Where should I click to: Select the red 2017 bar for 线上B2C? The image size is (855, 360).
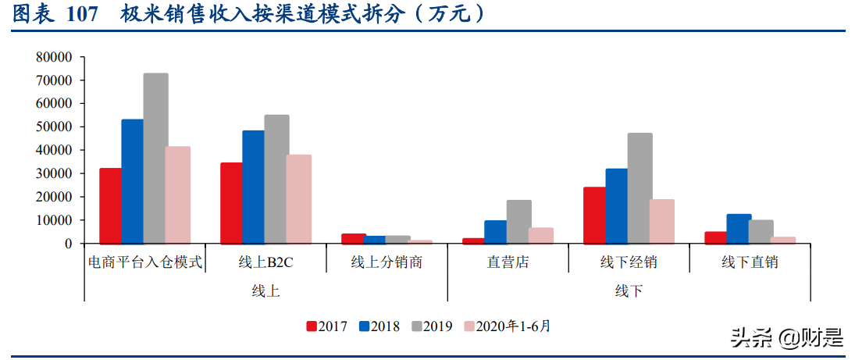tap(231, 203)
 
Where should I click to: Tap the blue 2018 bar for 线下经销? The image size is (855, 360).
tap(616, 206)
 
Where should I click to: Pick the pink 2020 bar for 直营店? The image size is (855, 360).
tap(540, 236)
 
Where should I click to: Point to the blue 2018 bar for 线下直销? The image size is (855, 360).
tap(739, 229)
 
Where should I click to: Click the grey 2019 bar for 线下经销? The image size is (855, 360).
tap(639, 188)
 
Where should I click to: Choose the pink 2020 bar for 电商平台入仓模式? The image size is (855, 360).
tap(178, 195)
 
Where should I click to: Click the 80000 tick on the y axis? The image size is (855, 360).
tap(54, 57)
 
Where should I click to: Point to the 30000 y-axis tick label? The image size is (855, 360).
tap(54, 173)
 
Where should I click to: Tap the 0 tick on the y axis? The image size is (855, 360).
tap(68, 244)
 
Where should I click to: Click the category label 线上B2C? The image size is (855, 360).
tap(265, 262)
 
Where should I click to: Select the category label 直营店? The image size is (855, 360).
tap(508, 262)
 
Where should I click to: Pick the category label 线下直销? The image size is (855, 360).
tap(750, 262)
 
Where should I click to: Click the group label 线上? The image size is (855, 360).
tap(265, 290)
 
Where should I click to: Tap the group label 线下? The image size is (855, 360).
tap(629, 290)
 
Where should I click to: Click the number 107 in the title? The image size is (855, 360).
tap(83, 14)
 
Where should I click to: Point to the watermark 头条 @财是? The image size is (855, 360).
tap(786, 337)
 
